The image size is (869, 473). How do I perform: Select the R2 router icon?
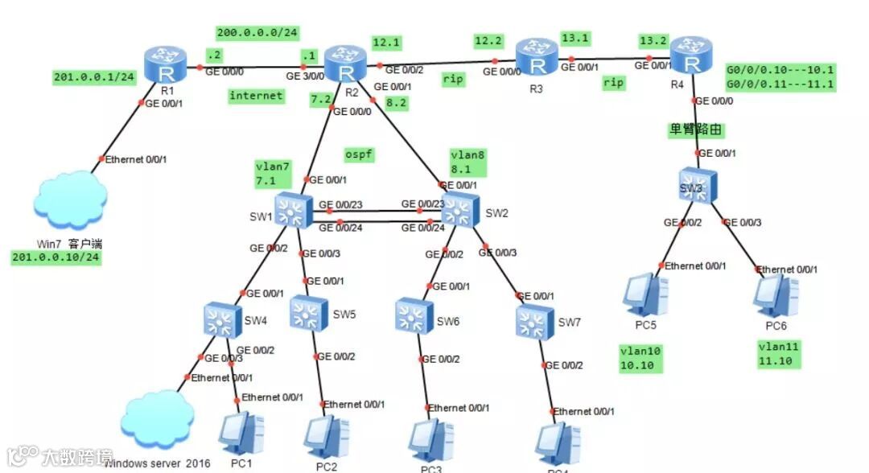click(346, 64)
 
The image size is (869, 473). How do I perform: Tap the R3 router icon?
click(537, 58)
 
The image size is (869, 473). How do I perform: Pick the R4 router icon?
click(691, 55)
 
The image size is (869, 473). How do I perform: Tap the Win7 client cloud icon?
click(72, 199)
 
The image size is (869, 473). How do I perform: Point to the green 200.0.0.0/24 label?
click(257, 33)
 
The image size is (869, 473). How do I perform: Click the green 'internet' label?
click(257, 96)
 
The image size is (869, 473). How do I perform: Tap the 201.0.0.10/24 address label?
click(56, 257)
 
